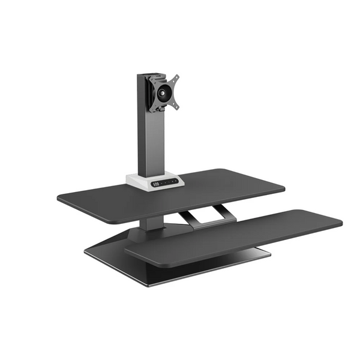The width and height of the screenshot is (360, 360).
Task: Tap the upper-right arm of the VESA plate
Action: click(175, 78)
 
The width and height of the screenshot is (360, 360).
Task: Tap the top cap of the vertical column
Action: click(147, 76)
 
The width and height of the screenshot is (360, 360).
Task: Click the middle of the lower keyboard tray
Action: click(234, 235)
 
